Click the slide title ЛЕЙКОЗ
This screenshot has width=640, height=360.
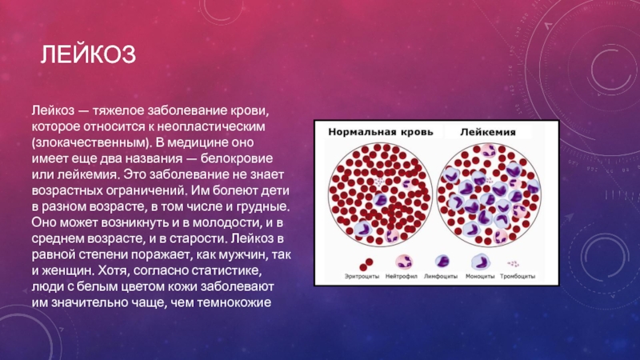88,54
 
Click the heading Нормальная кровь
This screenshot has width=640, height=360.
381,132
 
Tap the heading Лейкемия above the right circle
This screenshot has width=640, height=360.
488,132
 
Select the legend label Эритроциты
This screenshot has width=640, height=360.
362,276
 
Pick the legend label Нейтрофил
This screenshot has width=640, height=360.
402,276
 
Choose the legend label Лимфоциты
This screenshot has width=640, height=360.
441,276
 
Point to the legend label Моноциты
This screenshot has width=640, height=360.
480,276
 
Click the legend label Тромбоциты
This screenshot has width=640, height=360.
518,276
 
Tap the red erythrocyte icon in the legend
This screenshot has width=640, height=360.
366,265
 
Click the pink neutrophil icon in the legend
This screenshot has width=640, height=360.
404,262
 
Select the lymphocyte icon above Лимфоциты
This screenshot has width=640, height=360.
442,262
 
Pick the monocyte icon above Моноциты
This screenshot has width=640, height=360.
481,262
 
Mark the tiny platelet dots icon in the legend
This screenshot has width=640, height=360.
513,264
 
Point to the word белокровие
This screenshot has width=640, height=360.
237,158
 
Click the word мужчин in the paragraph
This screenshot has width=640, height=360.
242,254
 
